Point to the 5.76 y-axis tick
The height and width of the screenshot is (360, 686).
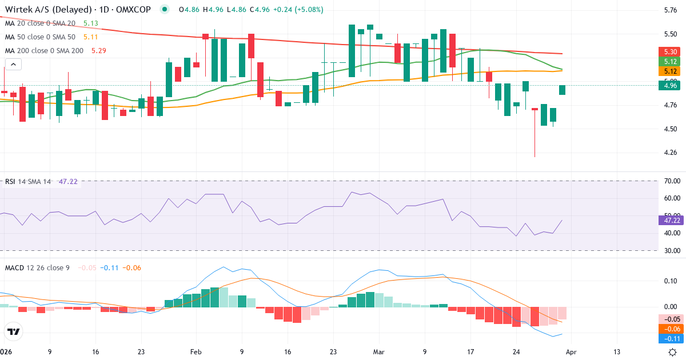[671, 10]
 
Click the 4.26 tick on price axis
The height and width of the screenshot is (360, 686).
[671, 153]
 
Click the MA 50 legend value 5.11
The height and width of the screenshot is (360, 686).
[91, 37]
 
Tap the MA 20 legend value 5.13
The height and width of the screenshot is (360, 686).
[91, 23]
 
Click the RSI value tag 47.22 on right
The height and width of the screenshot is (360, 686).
[671, 220]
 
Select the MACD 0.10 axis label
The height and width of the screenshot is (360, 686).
[671, 281]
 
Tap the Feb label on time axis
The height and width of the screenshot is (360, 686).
[196, 352]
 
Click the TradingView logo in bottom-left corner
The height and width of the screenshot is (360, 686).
[14, 331]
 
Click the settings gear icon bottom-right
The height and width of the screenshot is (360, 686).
[673, 352]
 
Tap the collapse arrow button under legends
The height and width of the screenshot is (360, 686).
[13, 64]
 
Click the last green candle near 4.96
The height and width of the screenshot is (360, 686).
[562, 90]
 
